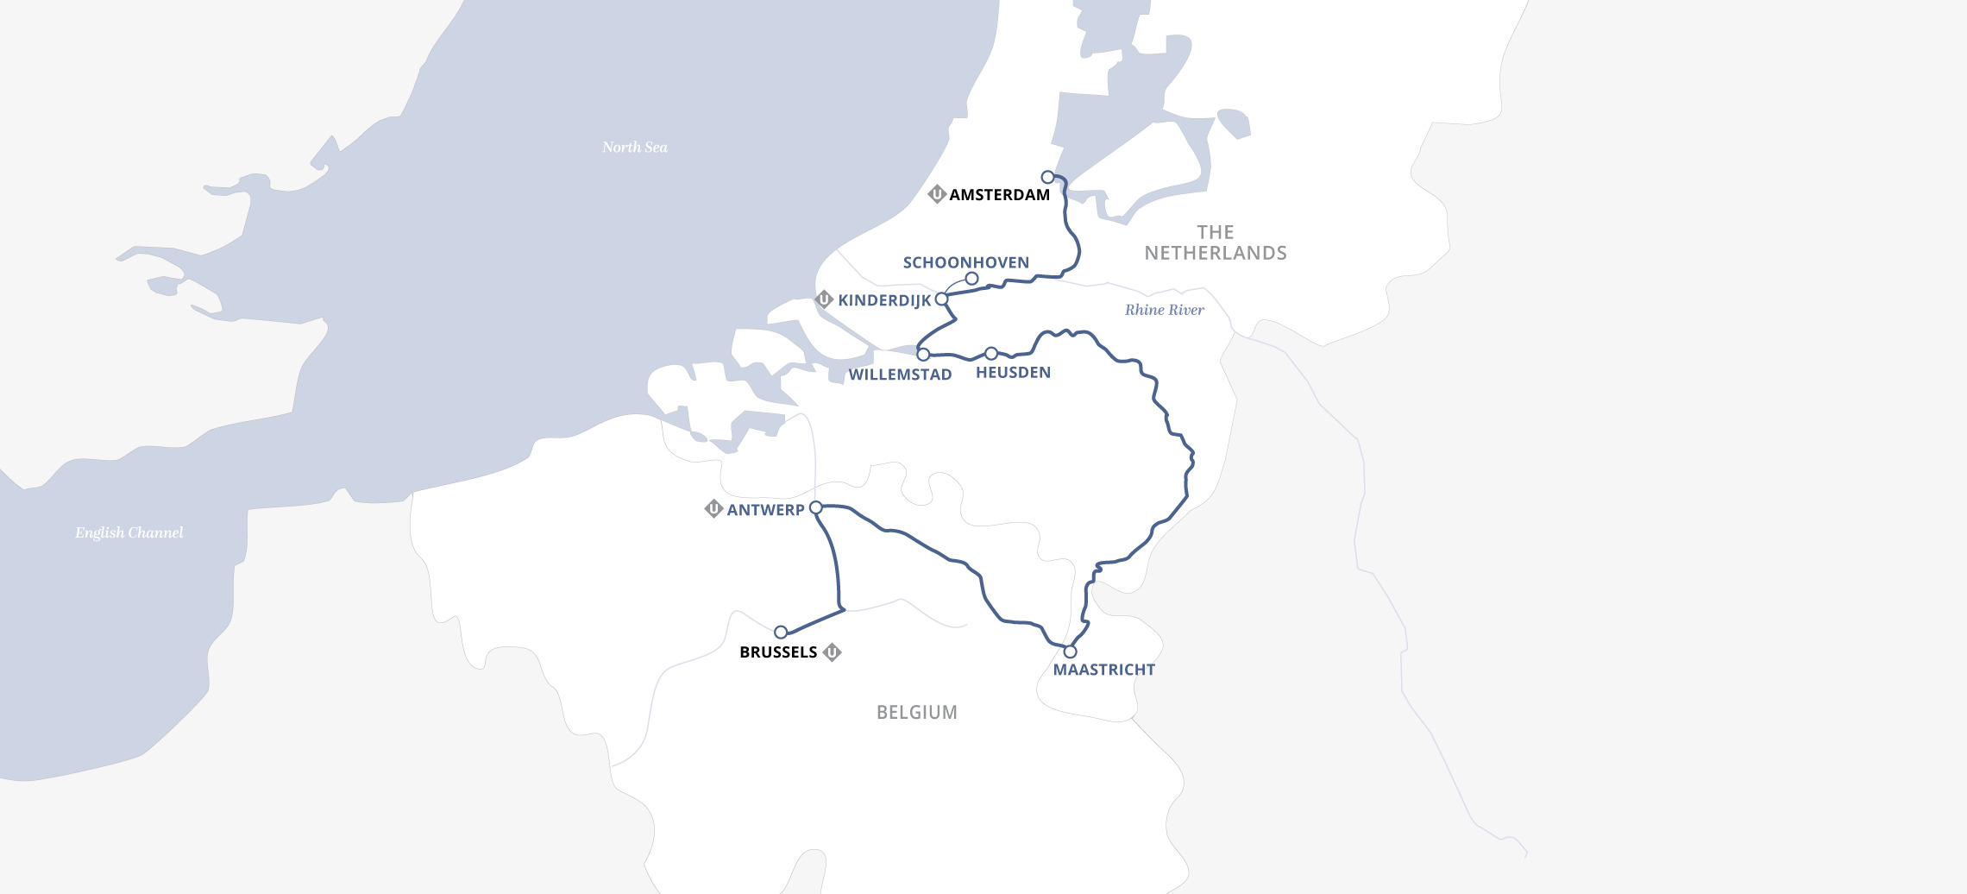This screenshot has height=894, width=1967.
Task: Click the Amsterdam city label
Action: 999,195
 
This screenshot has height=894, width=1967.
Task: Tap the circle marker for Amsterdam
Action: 1047,177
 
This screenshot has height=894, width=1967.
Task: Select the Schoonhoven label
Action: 965,262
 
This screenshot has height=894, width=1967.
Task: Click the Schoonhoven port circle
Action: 971,279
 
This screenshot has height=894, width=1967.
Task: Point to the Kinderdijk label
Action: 884,300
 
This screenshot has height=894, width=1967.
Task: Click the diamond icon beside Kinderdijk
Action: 824,299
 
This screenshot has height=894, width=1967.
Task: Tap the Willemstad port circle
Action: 923,355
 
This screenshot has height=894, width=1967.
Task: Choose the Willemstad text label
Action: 900,375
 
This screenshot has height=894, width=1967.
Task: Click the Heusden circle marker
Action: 991,354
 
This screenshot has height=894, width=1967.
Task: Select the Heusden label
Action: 1013,373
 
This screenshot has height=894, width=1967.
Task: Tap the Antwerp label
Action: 765,510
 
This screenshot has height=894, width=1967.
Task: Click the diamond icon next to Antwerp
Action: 713,509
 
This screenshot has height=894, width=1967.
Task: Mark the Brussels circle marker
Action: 781,633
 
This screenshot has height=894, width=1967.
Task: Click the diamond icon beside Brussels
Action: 832,652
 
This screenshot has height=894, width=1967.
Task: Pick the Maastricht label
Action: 1103,670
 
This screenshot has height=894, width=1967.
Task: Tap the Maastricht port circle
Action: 1070,652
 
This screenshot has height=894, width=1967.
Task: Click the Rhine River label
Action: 1164,310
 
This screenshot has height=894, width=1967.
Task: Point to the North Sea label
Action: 634,148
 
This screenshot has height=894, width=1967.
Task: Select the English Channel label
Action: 129,532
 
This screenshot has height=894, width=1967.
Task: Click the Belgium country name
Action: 916,713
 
